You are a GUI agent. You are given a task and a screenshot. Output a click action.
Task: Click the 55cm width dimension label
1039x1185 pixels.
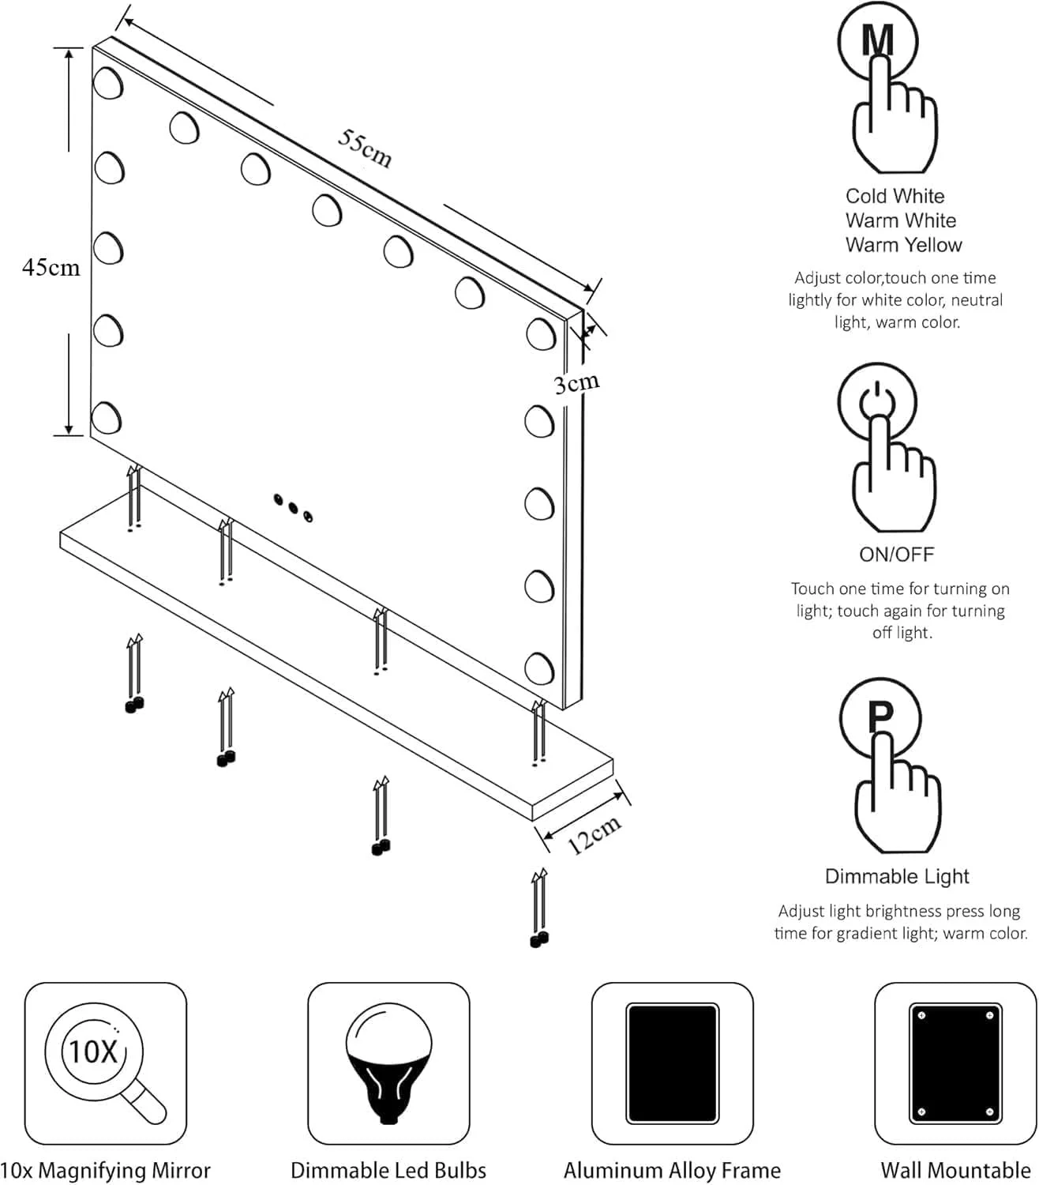pyautogui.click(x=365, y=148)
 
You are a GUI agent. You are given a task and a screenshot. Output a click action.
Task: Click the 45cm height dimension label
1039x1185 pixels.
pyautogui.click(x=51, y=268)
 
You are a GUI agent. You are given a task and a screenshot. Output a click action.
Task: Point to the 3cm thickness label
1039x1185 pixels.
pyautogui.click(x=576, y=384)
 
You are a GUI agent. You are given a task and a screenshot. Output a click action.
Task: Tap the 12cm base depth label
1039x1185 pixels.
pyautogui.click(x=594, y=834)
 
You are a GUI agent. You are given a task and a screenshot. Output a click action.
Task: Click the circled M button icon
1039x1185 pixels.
pyautogui.click(x=877, y=40)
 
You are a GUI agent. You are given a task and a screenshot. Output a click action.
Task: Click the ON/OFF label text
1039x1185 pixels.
pyautogui.click(x=896, y=555)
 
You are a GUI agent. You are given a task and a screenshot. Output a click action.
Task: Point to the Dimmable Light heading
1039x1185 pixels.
pyautogui.click(x=897, y=876)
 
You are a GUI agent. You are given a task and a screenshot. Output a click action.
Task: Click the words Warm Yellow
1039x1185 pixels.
pyautogui.click(x=903, y=245)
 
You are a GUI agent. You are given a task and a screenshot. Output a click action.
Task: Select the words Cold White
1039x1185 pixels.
pyautogui.click(x=895, y=196)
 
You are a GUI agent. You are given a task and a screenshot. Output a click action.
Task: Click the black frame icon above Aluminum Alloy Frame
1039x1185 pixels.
pyautogui.click(x=672, y=1063)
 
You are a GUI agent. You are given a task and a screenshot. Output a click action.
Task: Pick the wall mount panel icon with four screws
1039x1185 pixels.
pyautogui.click(x=955, y=1063)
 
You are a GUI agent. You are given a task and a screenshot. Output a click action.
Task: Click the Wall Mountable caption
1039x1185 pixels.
pyautogui.click(x=955, y=1170)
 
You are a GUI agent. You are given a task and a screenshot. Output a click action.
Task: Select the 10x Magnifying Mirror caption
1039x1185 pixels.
pyautogui.click(x=106, y=1170)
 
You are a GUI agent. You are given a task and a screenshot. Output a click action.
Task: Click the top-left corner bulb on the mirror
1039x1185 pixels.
pyautogui.click(x=108, y=83)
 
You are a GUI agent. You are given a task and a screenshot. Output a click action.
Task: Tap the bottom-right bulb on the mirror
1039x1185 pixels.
pyautogui.click(x=540, y=667)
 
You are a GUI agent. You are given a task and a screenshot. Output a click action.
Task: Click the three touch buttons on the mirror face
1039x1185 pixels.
pyautogui.click(x=292, y=507)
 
